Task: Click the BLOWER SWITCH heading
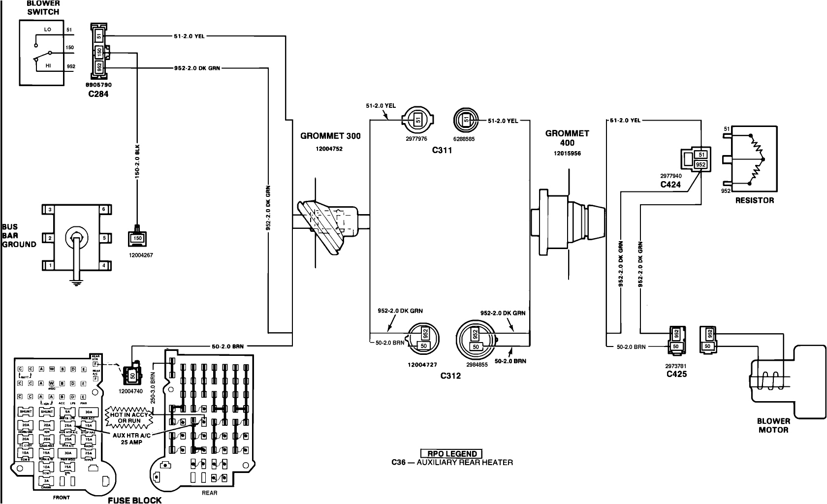click(x=43, y=7)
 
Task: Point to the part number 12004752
click(x=329, y=149)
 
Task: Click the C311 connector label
click(x=442, y=151)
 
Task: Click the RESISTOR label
click(x=754, y=200)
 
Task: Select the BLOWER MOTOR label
click(x=773, y=425)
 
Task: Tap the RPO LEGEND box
click(x=452, y=454)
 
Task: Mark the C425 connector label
click(x=676, y=374)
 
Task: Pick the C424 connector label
click(x=670, y=185)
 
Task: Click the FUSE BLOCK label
click(x=135, y=500)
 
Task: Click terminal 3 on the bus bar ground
click(x=49, y=210)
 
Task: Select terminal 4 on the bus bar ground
click(x=103, y=265)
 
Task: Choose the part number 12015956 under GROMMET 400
click(x=567, y=153)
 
